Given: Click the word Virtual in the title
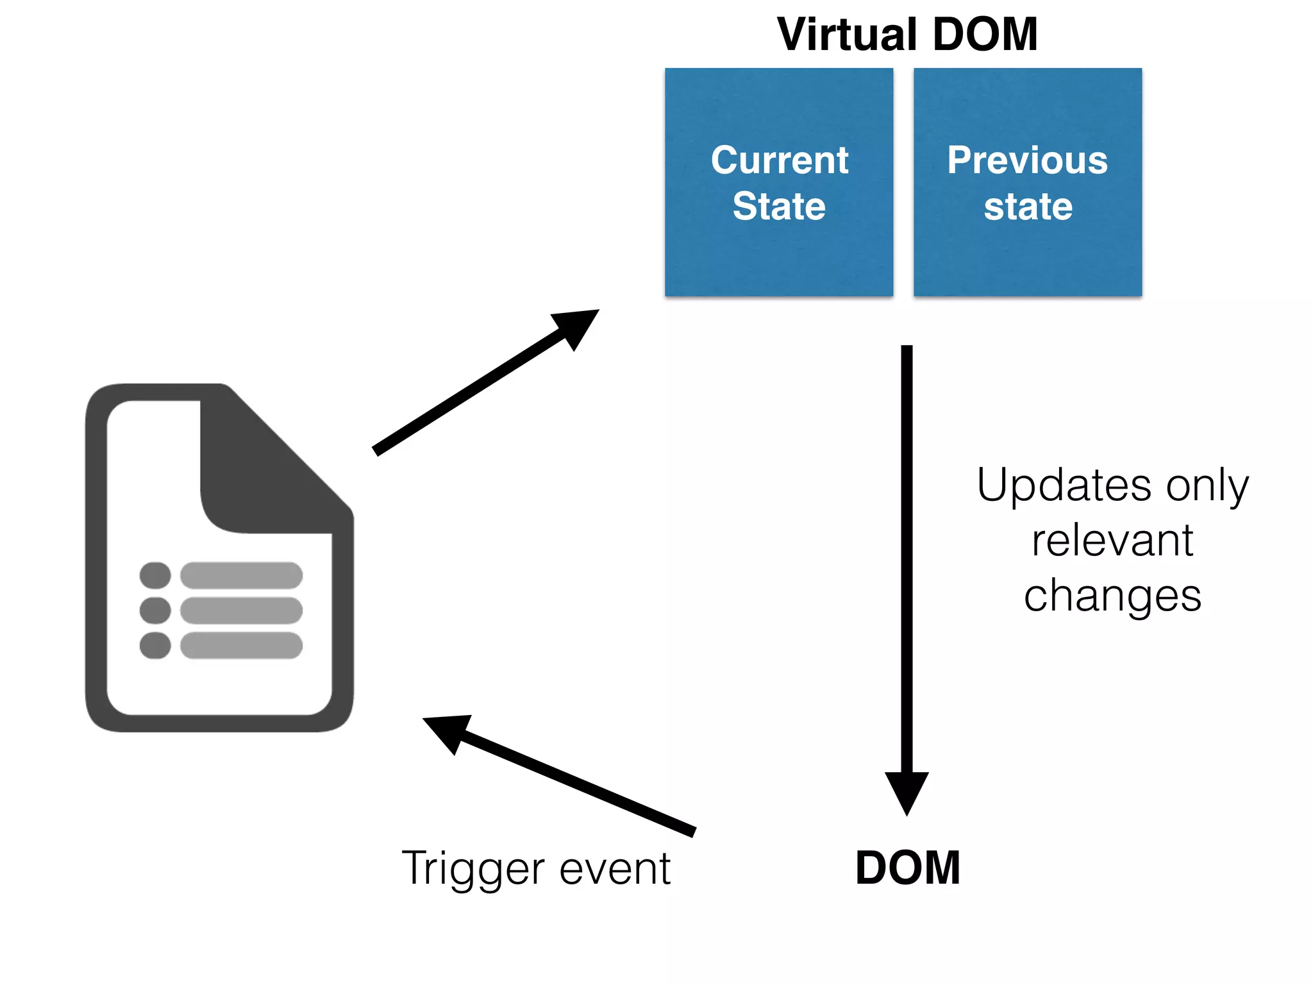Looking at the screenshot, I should pyautogui.click(x=847, y=35).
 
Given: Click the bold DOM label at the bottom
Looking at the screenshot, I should pyautogui.click(x=907, y=868).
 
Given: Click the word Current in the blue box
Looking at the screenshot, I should pyautogui.click(x=780, y=160).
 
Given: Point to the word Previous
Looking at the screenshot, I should pyautogui.click(x=1027, y=160).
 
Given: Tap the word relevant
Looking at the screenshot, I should pyautogui.click(x=1112, y=541).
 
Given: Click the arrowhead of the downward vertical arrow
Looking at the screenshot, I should pyautogui.click(x=907, y=791).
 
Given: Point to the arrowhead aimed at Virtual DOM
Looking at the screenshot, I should pyautogui.click(x=577, y=325).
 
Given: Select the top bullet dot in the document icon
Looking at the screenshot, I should pyautogui.click(x=155, y=575).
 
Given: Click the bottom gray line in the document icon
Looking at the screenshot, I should pyautogui.click(x=241, y=645).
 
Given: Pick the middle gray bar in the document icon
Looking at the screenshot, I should pyautogui.click(x=241, y=610).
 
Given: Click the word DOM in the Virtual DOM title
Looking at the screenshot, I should pyautogui.click(x=985, y=35).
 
